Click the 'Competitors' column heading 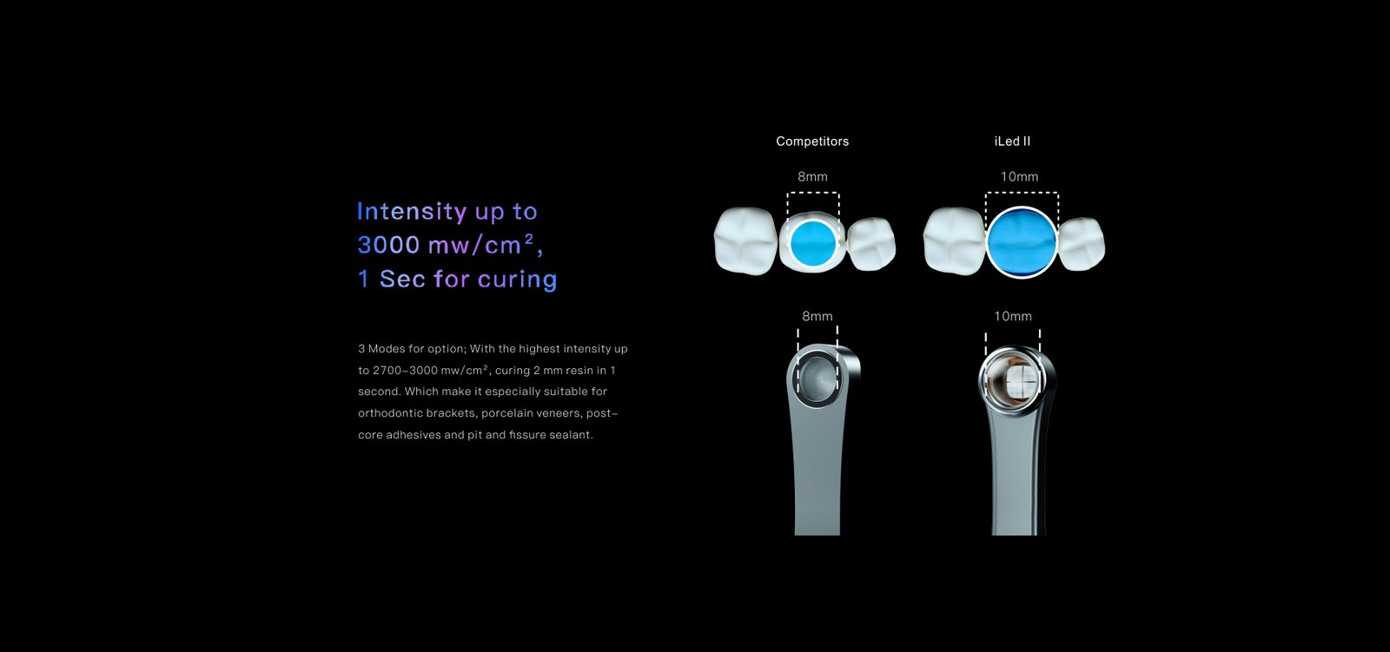point(812,142)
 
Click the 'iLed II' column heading point(1012,142)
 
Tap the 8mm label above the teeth point(812,177)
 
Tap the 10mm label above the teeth point(1019,177)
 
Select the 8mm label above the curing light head point(817,316)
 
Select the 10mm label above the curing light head point(1013,316)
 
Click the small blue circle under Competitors point(813,243)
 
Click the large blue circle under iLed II point(1022,242)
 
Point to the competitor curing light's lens point(817,378)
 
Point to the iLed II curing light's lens point(1013,379)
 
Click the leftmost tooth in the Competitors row point(745,240)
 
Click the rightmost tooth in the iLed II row point(1082,244)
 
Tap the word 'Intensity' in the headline point(412,212)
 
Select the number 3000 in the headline point(388,245)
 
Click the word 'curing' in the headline point(518,280)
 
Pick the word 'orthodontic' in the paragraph point(390,413)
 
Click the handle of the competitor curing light point(817,471)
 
